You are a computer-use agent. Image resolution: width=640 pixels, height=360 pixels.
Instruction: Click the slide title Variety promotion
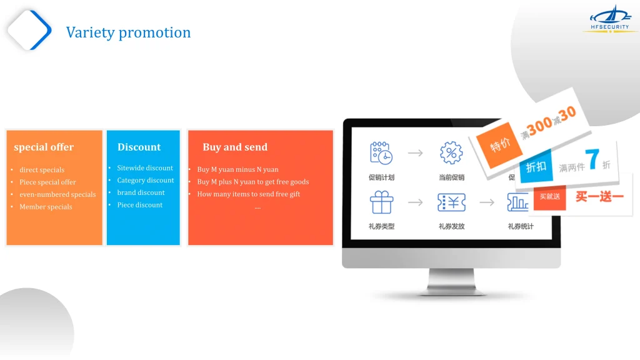click(128, 32)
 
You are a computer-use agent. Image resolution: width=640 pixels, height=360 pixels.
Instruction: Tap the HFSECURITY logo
click(610, 19)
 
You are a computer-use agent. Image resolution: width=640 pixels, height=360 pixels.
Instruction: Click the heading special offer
click(44, 147)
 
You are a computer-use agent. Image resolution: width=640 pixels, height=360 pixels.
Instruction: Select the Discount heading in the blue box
click(139, 147)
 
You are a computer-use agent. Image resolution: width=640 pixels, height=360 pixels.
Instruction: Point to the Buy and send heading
click(235, 147)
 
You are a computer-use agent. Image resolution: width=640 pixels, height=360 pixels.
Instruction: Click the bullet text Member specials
click(46, 207)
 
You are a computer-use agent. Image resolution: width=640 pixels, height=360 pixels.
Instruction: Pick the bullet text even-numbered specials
click(57, 195)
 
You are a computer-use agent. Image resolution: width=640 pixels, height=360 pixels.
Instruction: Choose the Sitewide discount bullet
click(145, 167)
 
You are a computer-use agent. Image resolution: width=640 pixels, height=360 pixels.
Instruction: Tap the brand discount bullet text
click(141, 192)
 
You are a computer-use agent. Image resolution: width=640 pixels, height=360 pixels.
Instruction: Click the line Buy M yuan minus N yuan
click(237, 169)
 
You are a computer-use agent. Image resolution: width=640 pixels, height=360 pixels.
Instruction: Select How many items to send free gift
click(249, 194)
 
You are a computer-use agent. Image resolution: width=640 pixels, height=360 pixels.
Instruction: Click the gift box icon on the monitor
click(381, 202)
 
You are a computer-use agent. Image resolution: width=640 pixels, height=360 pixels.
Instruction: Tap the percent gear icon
click(451, 153)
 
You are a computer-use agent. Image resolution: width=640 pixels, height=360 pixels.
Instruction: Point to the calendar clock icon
click(381, 153)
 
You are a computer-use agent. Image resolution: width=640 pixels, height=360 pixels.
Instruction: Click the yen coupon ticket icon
click(451, 202)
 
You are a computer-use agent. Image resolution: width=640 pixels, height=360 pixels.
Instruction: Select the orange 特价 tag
click(499, 145)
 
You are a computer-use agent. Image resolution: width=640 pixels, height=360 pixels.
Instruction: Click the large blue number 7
click(592, 159)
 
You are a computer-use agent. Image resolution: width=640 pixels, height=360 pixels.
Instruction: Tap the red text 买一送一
click(599, 197)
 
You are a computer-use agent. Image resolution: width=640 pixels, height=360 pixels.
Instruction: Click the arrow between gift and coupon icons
click(416, 202)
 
